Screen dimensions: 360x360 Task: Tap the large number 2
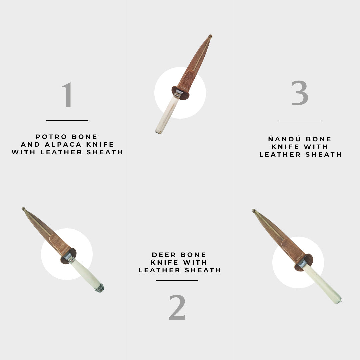[x=177, y=307]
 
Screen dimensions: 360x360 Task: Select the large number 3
[x=300, y=93]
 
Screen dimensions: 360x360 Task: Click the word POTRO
[x=51, y=137]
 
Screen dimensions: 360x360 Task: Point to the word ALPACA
[x=63, y=144]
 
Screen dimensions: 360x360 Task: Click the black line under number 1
[x=67, y=120]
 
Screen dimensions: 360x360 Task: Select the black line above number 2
[x=177, y=280]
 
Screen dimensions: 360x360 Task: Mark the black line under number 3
[x=300, y=121]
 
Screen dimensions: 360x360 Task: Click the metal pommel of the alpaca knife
[x=100, y=288]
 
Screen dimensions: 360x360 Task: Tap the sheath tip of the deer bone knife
[x=210, y=36]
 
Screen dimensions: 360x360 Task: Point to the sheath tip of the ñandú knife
[x=254, y=211]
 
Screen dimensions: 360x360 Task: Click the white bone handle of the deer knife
[x=167, y=115]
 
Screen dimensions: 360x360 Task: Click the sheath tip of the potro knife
[x=24, y=209]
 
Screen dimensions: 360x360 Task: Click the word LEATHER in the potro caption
[x=61, y=152]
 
